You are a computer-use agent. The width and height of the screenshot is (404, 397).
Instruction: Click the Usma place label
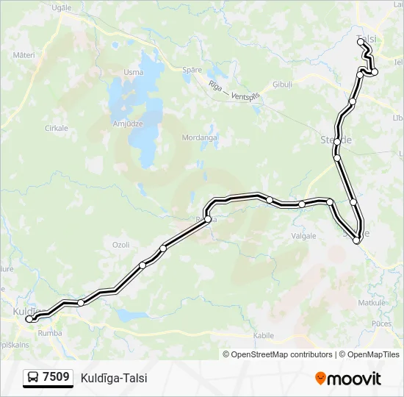coord(134,72)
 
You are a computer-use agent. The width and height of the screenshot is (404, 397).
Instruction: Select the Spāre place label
coord(192,70)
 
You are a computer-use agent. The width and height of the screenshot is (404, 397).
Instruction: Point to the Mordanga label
coord(200,137)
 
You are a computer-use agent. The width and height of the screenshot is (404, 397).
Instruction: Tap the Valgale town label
coord(303,236)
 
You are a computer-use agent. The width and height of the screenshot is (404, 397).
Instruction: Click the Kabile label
coord(263,335)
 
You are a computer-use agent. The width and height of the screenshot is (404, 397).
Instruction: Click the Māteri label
coord(24,54)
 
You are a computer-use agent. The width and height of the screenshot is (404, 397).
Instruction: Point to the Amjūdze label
coord(127,124)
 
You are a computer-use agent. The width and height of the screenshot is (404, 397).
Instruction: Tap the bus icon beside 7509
coord(34,378)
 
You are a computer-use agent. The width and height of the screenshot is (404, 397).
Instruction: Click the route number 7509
coord(57,378)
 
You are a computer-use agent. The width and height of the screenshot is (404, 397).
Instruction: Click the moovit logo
coord(348,379)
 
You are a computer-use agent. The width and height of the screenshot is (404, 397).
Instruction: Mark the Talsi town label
coord(365,38)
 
